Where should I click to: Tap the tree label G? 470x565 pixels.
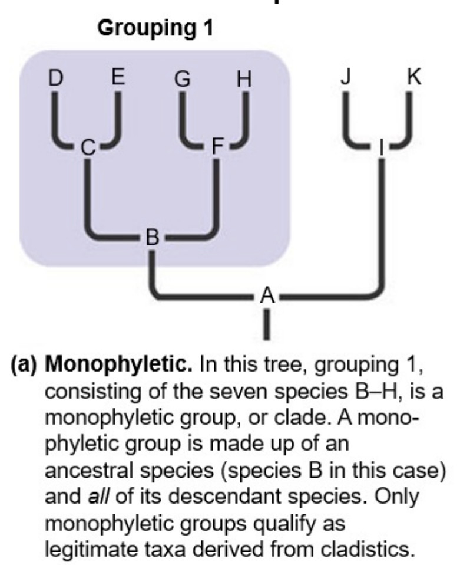183,78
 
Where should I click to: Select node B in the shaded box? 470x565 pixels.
153,238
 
